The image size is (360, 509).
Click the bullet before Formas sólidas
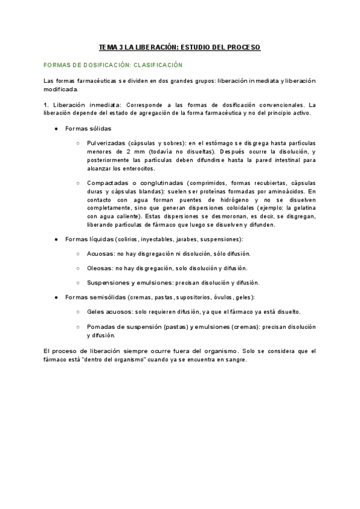coord(56,129)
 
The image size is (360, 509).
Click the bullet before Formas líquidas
coord(56,239)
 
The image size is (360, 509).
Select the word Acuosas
coord(100,254)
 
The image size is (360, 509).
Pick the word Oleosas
coord(99,268)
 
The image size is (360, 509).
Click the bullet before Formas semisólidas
coord(56,297)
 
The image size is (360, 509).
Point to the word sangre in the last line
coord(234,360)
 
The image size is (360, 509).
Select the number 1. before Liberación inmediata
coord(46,105)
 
